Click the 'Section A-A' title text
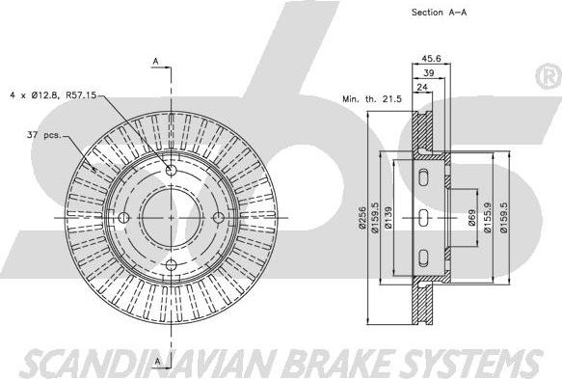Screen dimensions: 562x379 (439, 13)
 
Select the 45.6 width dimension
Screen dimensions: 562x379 (431, 58)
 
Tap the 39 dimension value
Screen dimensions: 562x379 (429, 72)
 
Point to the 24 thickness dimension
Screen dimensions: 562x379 (422, 87)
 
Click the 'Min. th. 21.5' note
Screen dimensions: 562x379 (372, 99)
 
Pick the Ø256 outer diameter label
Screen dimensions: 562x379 (362, 218)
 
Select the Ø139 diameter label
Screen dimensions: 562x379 (388, 218)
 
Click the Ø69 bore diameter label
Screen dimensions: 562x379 (472, 218)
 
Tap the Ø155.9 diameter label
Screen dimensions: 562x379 (488, 218)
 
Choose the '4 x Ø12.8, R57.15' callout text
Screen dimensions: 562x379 (53, 95)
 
